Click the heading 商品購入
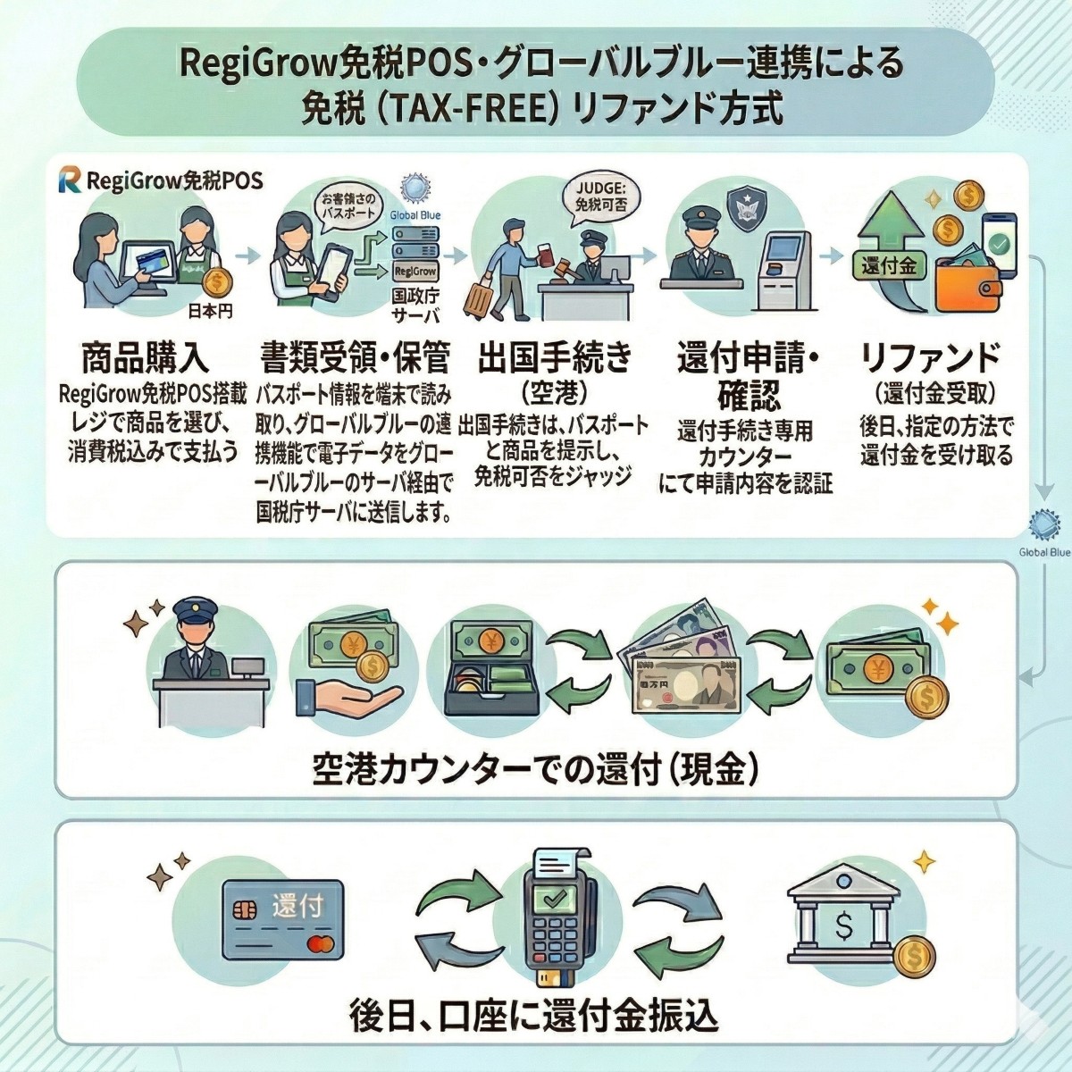point(145,357)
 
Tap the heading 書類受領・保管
point(355,357)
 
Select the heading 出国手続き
point(555,357)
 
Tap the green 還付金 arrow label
point(889,265)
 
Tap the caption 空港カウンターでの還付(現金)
point(536,768)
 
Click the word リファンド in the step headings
point(929,357)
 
